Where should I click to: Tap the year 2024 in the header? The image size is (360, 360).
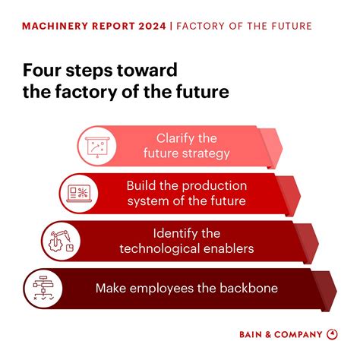coord(149,27)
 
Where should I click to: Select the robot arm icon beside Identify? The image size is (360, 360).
coord(61,239)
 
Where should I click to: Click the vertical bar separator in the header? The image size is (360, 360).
coord(172,27)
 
